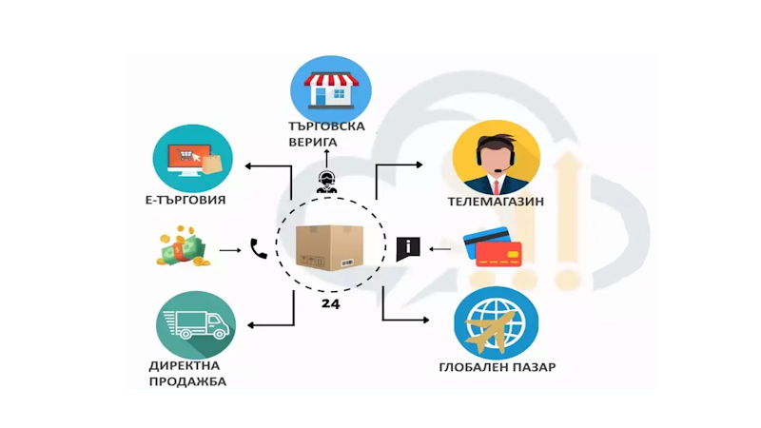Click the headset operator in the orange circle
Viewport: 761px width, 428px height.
pos(495,153)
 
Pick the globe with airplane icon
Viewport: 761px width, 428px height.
pos(496,323)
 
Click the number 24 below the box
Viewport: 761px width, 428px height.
pos(330,304)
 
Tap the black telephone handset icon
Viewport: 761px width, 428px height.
pos(258,249)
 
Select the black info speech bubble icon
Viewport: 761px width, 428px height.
pos(407,248)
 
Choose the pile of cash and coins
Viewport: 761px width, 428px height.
pos(181,248)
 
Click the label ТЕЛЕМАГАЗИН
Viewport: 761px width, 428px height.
pos(495,202)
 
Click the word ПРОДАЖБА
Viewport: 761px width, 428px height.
pos(187,381)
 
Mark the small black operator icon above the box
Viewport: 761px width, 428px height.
pos(329,182)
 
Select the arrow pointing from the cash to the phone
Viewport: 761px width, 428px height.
pos(229,250)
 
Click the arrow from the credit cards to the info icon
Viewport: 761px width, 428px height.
pos(439,249)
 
